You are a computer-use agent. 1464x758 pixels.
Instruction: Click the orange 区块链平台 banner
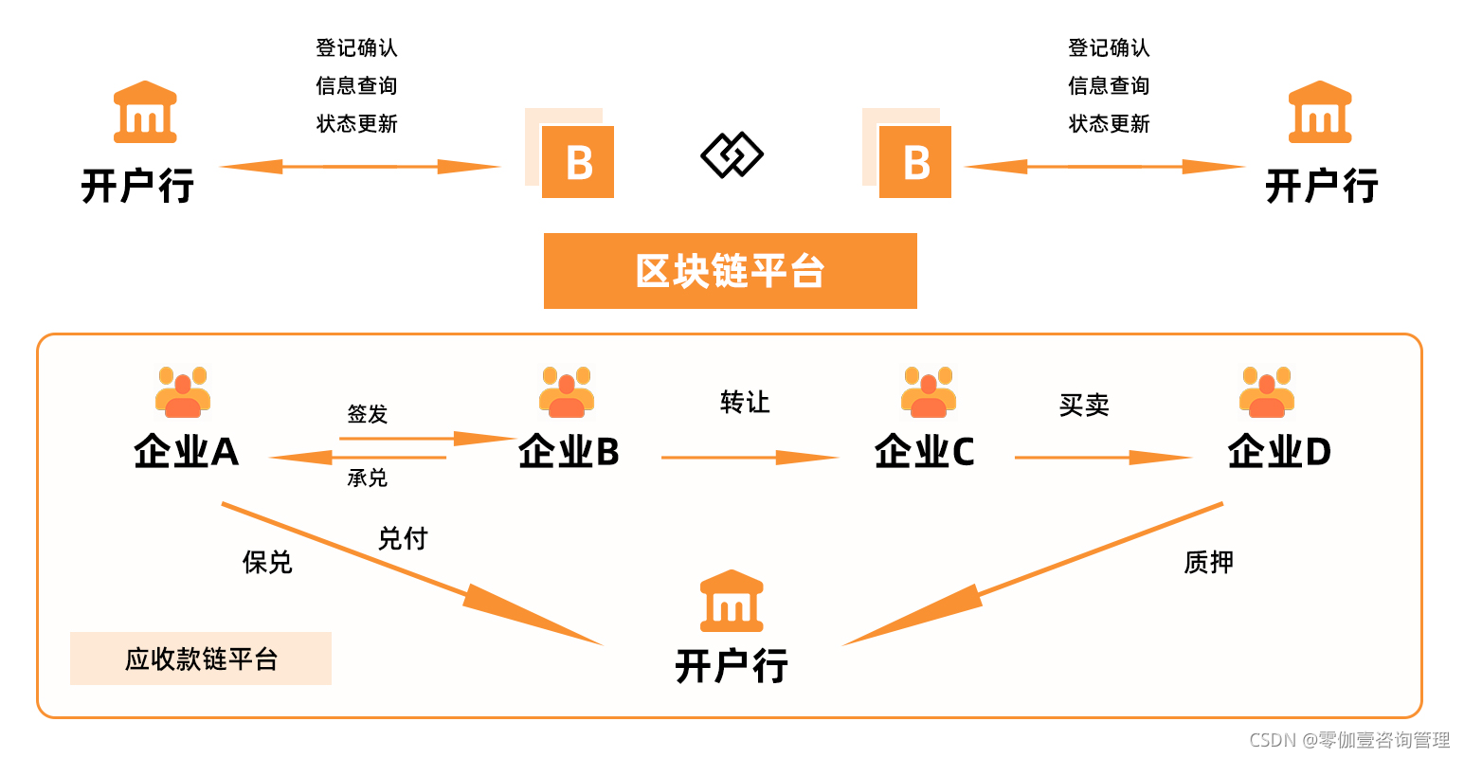point(730,271)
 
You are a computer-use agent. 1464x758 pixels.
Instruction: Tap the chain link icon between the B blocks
point(732,155)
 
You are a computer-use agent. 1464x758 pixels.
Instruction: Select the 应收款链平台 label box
point(201,659)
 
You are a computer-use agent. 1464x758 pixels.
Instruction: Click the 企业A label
point(186,452)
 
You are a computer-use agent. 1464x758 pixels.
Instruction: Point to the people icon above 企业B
point(567,392)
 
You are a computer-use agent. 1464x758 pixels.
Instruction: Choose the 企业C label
point(924,452)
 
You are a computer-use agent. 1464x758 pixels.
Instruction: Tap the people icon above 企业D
point(1266,392)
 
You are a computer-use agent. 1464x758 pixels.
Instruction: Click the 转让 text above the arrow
point(745,403)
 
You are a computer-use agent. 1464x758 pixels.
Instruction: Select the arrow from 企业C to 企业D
point(1102,458)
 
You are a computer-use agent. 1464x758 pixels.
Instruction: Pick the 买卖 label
point(1084,406)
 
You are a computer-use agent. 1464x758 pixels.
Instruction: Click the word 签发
point(368,414)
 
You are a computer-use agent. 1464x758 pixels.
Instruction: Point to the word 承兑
point(368,478)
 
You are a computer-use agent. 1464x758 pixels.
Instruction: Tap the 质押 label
point(1208,563)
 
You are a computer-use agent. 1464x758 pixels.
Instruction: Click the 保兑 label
point(267,563)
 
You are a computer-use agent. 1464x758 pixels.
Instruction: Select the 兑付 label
point(403,539)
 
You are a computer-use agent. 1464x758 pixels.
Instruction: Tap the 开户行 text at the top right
point(1321,186)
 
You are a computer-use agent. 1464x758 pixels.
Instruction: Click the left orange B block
point(577,161)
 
